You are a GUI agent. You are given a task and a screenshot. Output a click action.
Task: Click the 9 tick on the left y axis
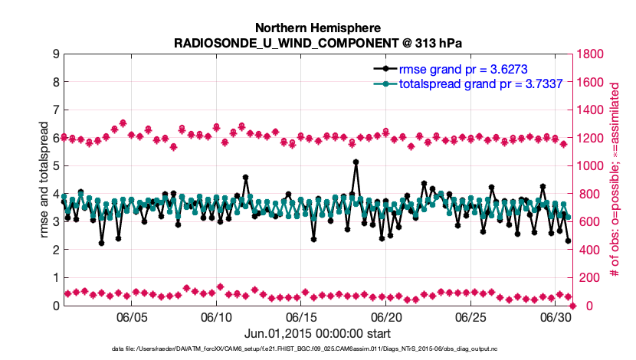[56, 54]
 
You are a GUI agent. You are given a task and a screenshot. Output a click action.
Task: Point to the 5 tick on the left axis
[56, 165]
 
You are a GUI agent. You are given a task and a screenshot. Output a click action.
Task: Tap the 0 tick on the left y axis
[56, 306]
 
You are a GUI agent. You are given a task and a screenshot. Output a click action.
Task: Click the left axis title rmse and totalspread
[44, 179]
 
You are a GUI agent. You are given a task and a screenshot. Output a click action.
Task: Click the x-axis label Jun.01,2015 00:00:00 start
[318, 333]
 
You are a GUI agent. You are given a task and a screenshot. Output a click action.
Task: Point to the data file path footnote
[317, 349]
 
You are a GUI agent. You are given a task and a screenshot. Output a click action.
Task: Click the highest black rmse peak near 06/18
[356, 162]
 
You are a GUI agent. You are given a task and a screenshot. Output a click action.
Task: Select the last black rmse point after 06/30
[568, 241]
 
